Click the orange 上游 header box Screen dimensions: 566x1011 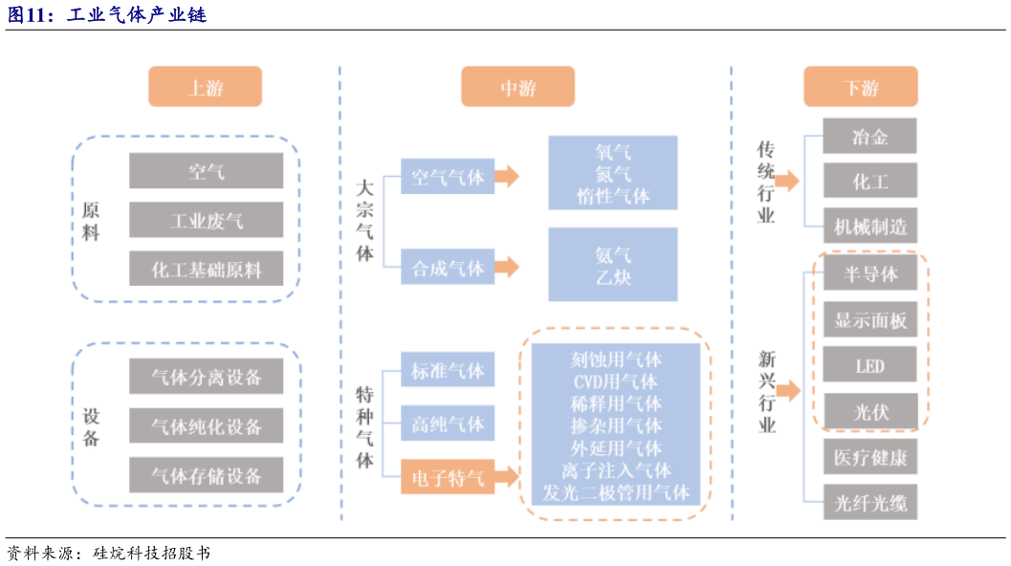[205, 87]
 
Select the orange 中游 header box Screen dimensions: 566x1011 [517, 87]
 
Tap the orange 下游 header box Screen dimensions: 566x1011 [860, 87]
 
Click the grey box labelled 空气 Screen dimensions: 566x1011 [206, 171]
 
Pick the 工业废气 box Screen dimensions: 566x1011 [206, 220]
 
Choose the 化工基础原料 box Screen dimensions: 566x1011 [206, 269]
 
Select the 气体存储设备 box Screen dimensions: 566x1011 [206, 474]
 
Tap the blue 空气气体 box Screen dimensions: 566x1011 [448, 177]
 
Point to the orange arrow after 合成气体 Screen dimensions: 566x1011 [507, 267]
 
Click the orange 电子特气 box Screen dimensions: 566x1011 [448, 475]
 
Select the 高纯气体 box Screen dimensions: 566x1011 [448, 423]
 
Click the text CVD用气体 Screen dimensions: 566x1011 [615, 381]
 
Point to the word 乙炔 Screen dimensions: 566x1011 [612, 278]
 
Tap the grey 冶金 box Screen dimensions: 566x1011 [869, 136]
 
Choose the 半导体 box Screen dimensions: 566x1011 [869, 273]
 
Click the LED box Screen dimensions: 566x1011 [869, 365]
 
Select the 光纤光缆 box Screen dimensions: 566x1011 [869, 502]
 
